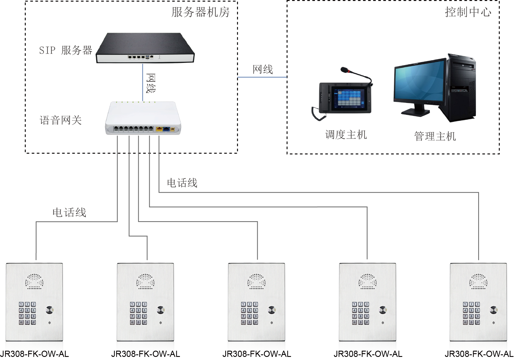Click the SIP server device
tap(145, 48)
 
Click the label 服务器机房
tap(200, 12)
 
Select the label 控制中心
tap(468, 12)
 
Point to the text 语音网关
tap(61, 120)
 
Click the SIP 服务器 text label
tap(65, 51)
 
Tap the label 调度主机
tap(346, 135)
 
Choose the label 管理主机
tap(435, 136)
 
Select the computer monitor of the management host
tap(419, 82)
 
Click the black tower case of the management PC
tap(461, 87)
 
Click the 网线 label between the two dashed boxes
tap(262, 69)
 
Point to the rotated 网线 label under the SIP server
tap(151, 84)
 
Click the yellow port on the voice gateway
tap(159, 129)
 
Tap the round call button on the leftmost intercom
tap(50, 310)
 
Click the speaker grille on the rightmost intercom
tap(478, 282)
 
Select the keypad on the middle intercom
tap(249, 313)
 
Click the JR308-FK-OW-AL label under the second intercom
tap(145, 354)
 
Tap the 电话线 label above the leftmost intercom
tap(69, 212)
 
